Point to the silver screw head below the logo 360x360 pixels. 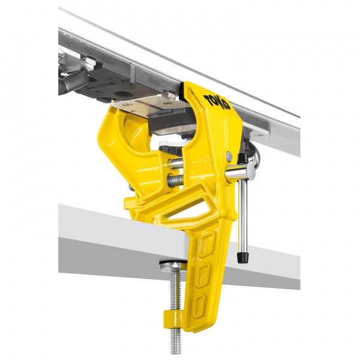pyautogui.click(x=229, y=157)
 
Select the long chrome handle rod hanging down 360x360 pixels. pyautogui.click(x=242, y=216)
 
